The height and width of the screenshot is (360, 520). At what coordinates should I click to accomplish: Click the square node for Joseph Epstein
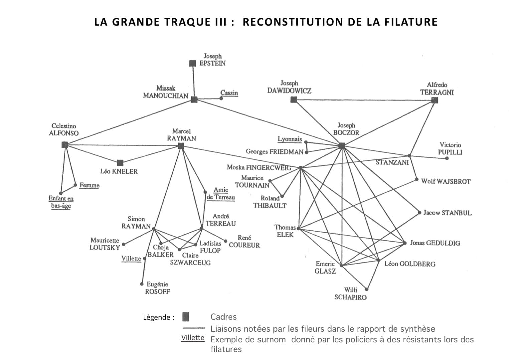coord(192,63)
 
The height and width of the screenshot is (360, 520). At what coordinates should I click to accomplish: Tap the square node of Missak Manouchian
coord(194,99)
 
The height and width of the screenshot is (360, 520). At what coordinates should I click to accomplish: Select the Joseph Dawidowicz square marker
coord(294,99)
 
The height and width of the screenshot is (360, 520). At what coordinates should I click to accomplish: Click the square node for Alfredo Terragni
coord(435,100)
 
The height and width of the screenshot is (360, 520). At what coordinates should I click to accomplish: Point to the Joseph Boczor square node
coord(341,146)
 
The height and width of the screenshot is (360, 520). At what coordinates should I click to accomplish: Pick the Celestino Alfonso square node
coord(65,145)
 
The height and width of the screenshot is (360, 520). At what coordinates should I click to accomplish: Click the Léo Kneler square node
coord(120,163)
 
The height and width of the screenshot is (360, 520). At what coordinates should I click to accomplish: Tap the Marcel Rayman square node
coord(181,146)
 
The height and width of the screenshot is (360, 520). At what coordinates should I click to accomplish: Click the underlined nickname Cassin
coord(229,93)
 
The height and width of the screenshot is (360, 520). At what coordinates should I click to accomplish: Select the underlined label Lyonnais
coord(290,139)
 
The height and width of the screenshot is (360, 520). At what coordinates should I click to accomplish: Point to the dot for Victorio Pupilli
coord(447,158)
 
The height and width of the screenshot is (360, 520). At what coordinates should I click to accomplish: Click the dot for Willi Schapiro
coord(367,289)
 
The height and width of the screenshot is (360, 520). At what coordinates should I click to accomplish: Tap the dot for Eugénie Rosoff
coord(142,284)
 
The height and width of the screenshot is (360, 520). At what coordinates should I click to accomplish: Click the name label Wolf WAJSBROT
coord(446,182)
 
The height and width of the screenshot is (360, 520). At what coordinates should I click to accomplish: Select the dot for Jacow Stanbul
coord(420,213)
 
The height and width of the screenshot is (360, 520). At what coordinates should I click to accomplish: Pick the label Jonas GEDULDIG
coord(435,243)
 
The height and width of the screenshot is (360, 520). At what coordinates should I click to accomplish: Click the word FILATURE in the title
coord(411,22)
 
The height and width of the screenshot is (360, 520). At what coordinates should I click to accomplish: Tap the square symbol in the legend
coord(186,317)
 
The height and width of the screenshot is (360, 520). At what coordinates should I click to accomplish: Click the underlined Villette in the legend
coord(193,338)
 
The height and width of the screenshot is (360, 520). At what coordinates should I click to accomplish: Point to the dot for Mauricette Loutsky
coord(123,244)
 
